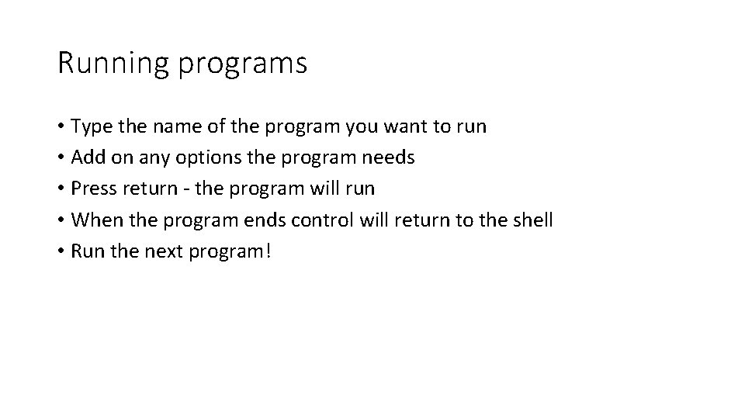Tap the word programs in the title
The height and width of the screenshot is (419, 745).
coord(243,64)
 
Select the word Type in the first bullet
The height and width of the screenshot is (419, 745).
coord(90,126)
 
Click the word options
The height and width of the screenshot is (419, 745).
coord(199,158)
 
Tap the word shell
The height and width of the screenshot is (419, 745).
coord(532,220)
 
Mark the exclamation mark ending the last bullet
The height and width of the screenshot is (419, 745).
coord(268,251)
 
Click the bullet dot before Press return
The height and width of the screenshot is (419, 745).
coord(61,189)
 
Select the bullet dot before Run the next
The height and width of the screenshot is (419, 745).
coord(61,251)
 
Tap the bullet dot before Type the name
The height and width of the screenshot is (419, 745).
coord(61,127)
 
